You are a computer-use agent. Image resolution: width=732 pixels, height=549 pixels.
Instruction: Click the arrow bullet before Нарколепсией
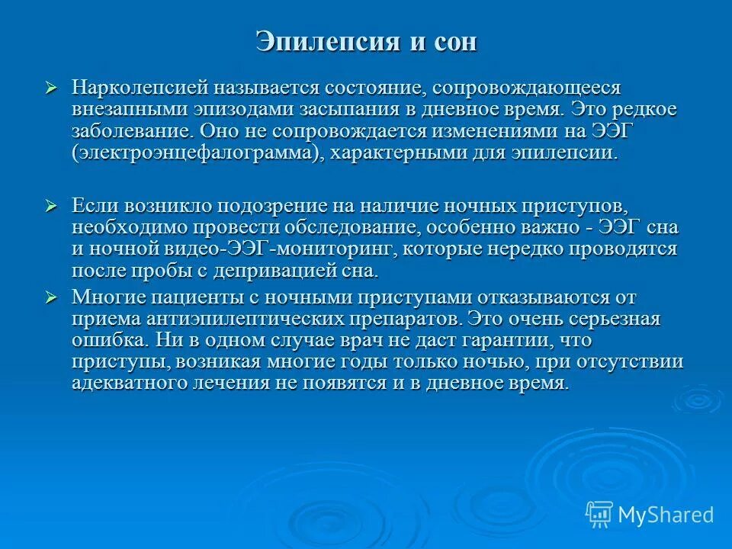[51, 88]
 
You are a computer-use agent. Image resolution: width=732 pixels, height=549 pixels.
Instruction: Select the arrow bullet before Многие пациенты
[51, 297]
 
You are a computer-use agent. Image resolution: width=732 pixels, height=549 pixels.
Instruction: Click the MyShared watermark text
[666, 515]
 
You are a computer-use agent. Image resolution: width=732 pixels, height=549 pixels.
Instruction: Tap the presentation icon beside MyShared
[599, 515]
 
